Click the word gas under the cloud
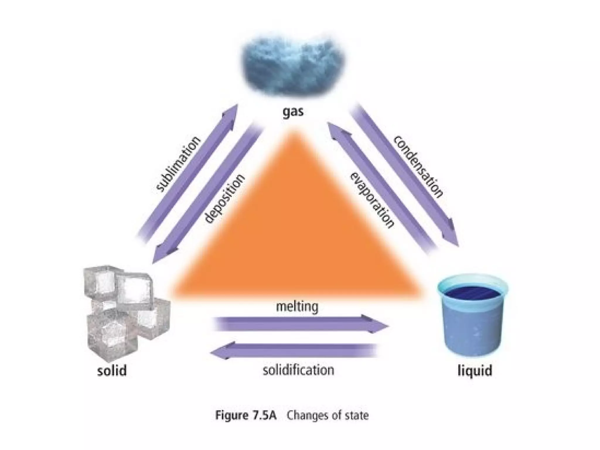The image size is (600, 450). (x=293, y=112)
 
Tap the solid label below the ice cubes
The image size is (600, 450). (x=112, y=371)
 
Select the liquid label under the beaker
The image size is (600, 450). (x=475, y=371)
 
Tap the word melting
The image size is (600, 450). (x=297, y=307)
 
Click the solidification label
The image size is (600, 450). (x=298, y=370)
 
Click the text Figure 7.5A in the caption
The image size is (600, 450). (x=246, y=415)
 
